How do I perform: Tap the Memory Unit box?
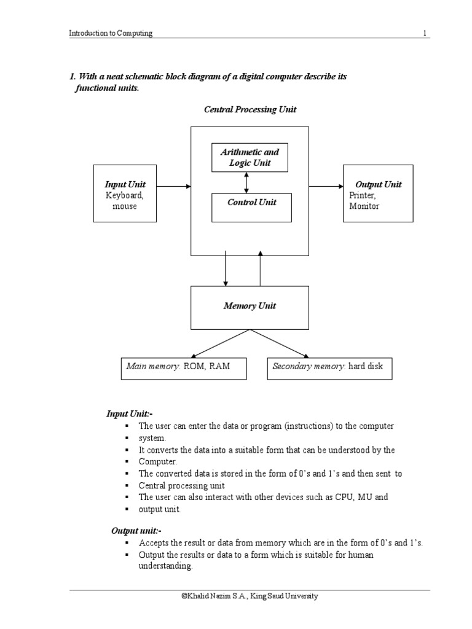point(250,307)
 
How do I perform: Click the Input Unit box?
point(125,193)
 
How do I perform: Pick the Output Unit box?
point(377,193)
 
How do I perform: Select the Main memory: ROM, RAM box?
point(175,367)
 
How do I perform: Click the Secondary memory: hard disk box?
point(329,367)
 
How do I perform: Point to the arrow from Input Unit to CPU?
point(173,186)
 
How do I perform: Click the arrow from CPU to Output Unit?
point(326,186)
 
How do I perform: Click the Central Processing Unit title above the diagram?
point(250,109)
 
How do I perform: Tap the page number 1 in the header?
point(425,34)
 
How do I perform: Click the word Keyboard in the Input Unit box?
point(124,195)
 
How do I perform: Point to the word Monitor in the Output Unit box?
point(364,206)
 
